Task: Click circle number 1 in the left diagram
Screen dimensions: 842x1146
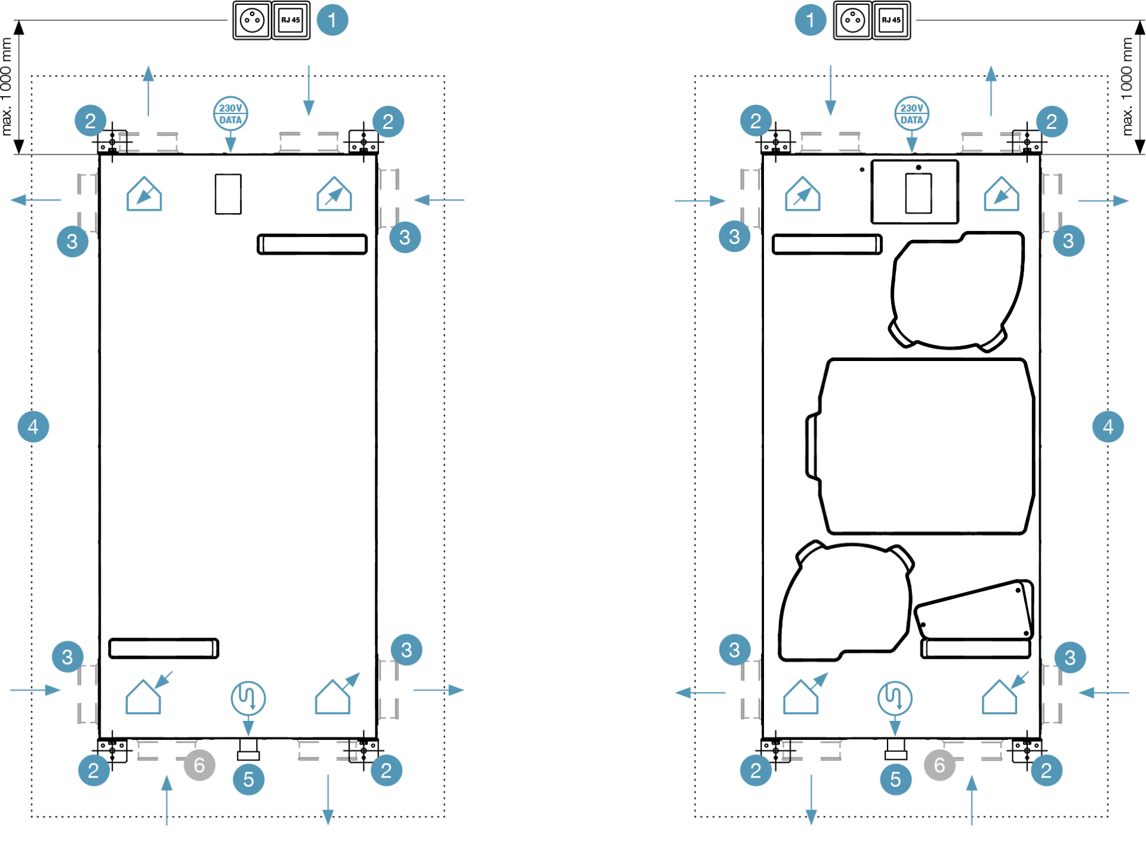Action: pyautogui.click(x=332, y=20)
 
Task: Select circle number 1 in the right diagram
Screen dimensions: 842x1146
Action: pyautogui.click(x=810, y=20)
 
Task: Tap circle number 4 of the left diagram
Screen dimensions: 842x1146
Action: pyautogui.click(x=33, y=427)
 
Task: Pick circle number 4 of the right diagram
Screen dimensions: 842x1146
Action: pyautogui.click(x=1108, y=427)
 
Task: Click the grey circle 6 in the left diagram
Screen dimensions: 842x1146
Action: pyautogui.click(x=199, y=764)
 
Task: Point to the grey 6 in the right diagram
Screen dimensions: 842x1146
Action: pyautogui.click(x=939, y=764)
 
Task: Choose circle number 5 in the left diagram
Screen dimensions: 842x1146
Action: pyautogui.click(x=248, y=779)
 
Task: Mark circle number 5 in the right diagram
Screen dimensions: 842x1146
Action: pyautogui.click(x=895, y=779)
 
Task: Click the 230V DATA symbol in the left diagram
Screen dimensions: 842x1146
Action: pyautogui.click(x=231, y=113)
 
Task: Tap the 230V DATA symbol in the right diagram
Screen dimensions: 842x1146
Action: pyautogui.click(x=911, y=113)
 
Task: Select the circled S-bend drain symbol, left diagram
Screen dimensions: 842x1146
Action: pyautogui.click(x=248, y=698)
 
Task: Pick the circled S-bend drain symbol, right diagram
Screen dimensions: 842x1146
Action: pyautogui.click(x=895, y=698)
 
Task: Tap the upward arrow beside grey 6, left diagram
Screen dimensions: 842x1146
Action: pyautogui.click(x=167, y=800)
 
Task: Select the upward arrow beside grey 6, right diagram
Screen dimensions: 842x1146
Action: pyautogui.click(x=972, y=800)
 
